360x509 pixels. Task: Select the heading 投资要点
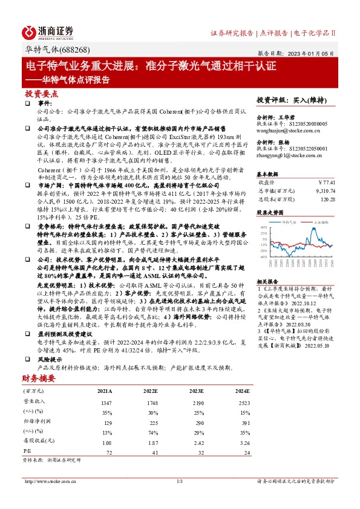(41, 94)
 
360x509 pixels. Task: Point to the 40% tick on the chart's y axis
(263, 227)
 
